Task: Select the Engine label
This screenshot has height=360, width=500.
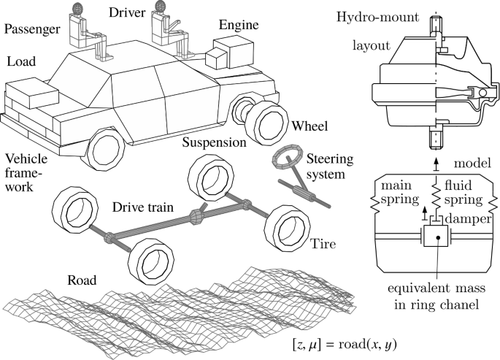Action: (239, 24)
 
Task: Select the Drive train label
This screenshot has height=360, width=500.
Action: (142, 207)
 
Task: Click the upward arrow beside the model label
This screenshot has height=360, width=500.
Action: (436, 160)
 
